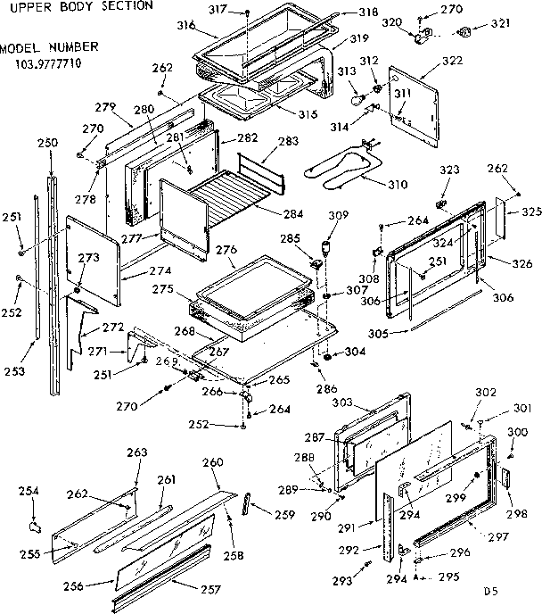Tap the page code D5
491,591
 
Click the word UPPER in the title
24,5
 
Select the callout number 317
218,12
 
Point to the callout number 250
48,142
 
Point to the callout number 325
531,212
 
